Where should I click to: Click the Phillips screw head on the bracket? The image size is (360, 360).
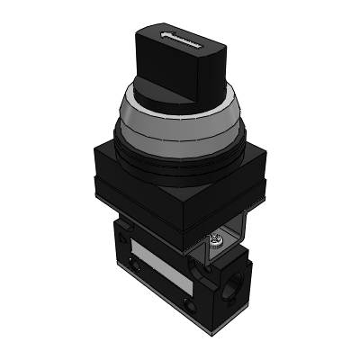(215, 240)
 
